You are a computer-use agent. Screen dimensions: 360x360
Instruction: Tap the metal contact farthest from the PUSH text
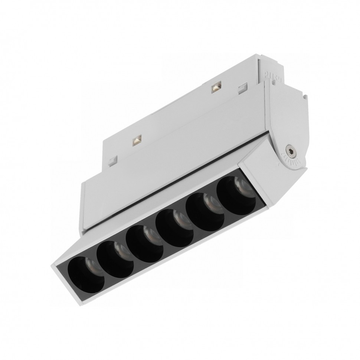click(x=136, y=140)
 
